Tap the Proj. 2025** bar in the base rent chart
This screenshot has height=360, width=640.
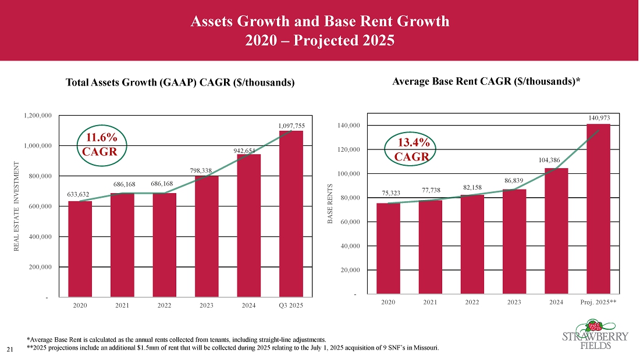(x=598, y=209)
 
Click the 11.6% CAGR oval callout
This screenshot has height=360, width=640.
(x=102, y=145)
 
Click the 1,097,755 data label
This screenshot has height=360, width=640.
(x=291, y=125)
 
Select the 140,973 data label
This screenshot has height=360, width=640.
(x=598, y=118)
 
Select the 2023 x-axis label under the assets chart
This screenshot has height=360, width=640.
(x=207, y=306)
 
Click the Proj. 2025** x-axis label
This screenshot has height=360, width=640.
(x=598, y=302)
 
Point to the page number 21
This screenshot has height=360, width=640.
(x=9, y=349)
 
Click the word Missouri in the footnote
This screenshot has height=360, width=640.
(x=425, y=348)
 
